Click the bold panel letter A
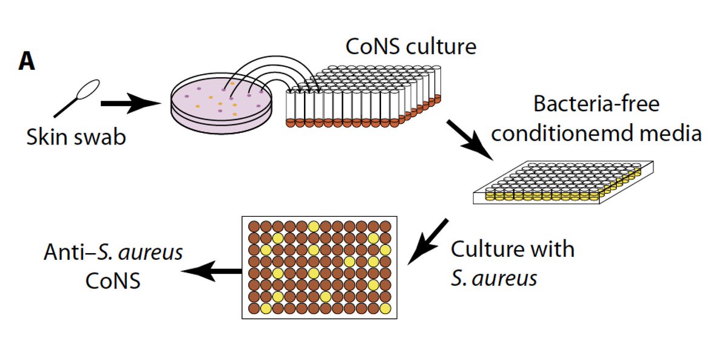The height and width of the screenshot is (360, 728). coord(27,61)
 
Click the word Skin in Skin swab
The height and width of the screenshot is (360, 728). coord(47,137)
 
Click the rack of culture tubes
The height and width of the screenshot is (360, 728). coord(364,97)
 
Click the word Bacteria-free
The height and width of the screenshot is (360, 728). coord(596,104)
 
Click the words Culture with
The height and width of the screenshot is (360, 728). coord(513,249)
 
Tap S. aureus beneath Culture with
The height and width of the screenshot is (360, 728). coord(494,278)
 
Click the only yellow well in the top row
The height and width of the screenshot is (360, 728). coord(314,226)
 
